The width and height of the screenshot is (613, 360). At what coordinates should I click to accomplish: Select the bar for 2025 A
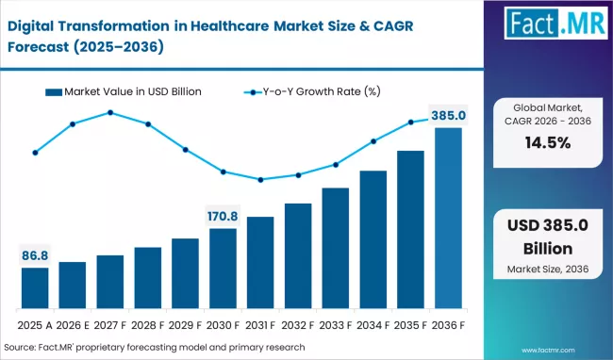pos(35,288)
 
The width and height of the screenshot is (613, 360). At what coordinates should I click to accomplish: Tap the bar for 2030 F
pos(224,269)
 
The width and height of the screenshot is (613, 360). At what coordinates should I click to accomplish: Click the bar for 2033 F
pos(336,249)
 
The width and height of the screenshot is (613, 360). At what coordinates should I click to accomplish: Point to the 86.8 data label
pos(35,255)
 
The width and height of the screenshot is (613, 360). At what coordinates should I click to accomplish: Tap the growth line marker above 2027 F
pos(110,112)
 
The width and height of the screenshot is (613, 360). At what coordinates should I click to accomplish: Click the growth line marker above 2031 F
pos(260,179)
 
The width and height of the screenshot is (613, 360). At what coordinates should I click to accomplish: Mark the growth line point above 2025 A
pos(35,152)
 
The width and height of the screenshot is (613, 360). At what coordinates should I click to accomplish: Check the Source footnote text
pos(160,347)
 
